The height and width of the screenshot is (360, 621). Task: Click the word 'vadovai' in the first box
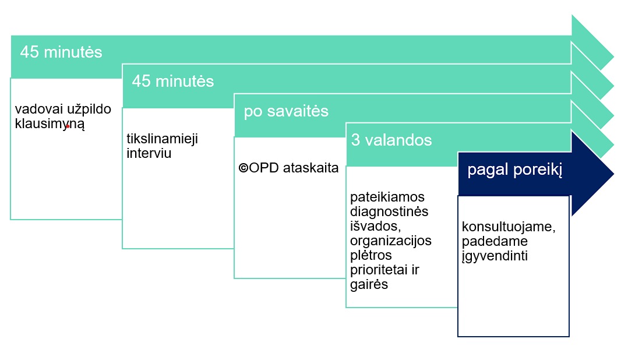(39, 109)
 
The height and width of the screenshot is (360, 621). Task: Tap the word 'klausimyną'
(50, 124)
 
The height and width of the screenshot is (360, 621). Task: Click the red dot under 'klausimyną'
(68, 126)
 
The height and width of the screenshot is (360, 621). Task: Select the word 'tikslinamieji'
(162, 139)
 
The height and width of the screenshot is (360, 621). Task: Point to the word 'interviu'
(149, 153)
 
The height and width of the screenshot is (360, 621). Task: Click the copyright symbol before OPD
(243, 168)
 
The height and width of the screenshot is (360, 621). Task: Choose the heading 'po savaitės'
(286, 111)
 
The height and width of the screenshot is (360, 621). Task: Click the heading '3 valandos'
(391, 140)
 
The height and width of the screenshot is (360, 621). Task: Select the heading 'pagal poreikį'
(514, 170)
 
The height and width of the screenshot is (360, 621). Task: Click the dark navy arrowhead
(592, 174)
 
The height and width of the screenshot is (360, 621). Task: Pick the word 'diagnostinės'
(389, 211)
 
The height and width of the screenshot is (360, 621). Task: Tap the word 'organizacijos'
(390, 241)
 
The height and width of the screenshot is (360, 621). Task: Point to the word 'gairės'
(369, 284)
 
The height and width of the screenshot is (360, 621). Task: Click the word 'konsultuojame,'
(509, 227)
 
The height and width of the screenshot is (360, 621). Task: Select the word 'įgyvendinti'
(495, 256)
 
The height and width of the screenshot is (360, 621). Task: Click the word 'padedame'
(495, 241)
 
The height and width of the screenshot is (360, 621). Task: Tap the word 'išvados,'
(375, 226)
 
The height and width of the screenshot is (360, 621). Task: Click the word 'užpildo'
(89, 110)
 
